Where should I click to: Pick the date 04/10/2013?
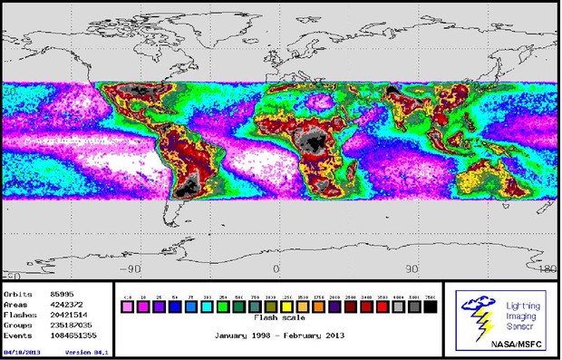pyautogui.click(x=23, y=351)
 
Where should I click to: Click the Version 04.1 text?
pyautogui.click(x=88, y=351)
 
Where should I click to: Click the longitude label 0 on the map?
pyautogui.click(x=276, y=269)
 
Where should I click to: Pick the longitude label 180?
pyautogui.click(x=546, y=269)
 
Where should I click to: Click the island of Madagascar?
pyautogui.click(x=347, y=170)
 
